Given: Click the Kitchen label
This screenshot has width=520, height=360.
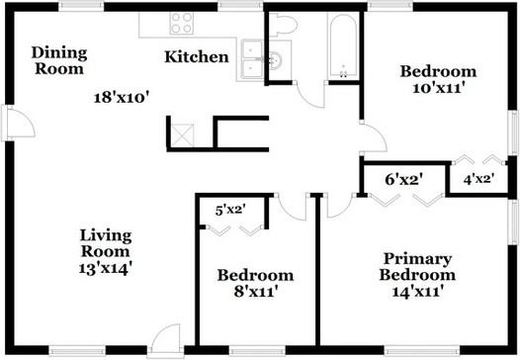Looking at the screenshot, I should click(196, 56).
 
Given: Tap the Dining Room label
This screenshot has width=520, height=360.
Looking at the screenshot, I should click(59, 60).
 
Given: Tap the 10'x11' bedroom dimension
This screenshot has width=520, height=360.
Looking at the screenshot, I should click(437, 87).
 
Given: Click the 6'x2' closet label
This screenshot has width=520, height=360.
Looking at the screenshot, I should click(403, 179).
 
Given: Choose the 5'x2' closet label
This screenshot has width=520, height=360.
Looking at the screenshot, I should click(230, 208).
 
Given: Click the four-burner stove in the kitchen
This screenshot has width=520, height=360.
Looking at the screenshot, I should click(182, 23).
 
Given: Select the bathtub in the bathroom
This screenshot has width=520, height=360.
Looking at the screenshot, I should click(343, 45).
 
